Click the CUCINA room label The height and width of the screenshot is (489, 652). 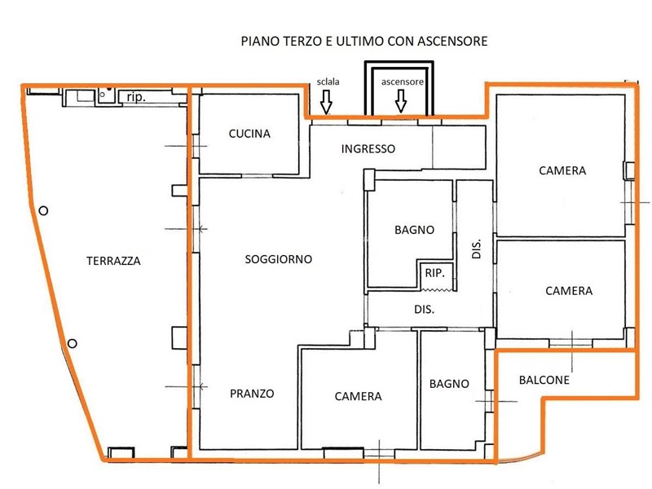[x=249, y=134]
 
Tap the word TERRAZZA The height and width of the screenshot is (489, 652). [x=113, y=261]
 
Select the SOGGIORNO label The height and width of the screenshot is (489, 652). [x=279, y=259]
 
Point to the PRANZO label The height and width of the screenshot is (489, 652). [x=252, y=394]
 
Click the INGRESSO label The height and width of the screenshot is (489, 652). [x=368, y=148]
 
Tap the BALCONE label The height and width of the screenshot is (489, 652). [x=544, y=380]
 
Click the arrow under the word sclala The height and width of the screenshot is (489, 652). [x=327, y=102]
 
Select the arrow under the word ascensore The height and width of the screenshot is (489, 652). [x=401, y=100]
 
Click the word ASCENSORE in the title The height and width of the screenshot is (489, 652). [x=452, y=42]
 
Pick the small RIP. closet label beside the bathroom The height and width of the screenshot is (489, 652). [x=435, y=273]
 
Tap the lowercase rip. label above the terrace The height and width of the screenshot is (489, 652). [x=136, y=97]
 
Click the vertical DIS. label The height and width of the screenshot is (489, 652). [x=477, y=249]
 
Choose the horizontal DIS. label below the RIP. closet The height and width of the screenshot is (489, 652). [x=424, y=310]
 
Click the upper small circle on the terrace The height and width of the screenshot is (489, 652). [x=43, y=211]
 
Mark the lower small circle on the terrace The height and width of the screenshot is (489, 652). [x=72, y=343]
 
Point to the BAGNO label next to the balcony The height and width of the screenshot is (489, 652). [x=449, y=383]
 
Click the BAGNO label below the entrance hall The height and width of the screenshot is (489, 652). [x=415, y=230]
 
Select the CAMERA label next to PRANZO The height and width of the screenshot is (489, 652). [x=358, y=396]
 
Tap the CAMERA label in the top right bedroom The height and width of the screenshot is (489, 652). [x=562, y=170]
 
